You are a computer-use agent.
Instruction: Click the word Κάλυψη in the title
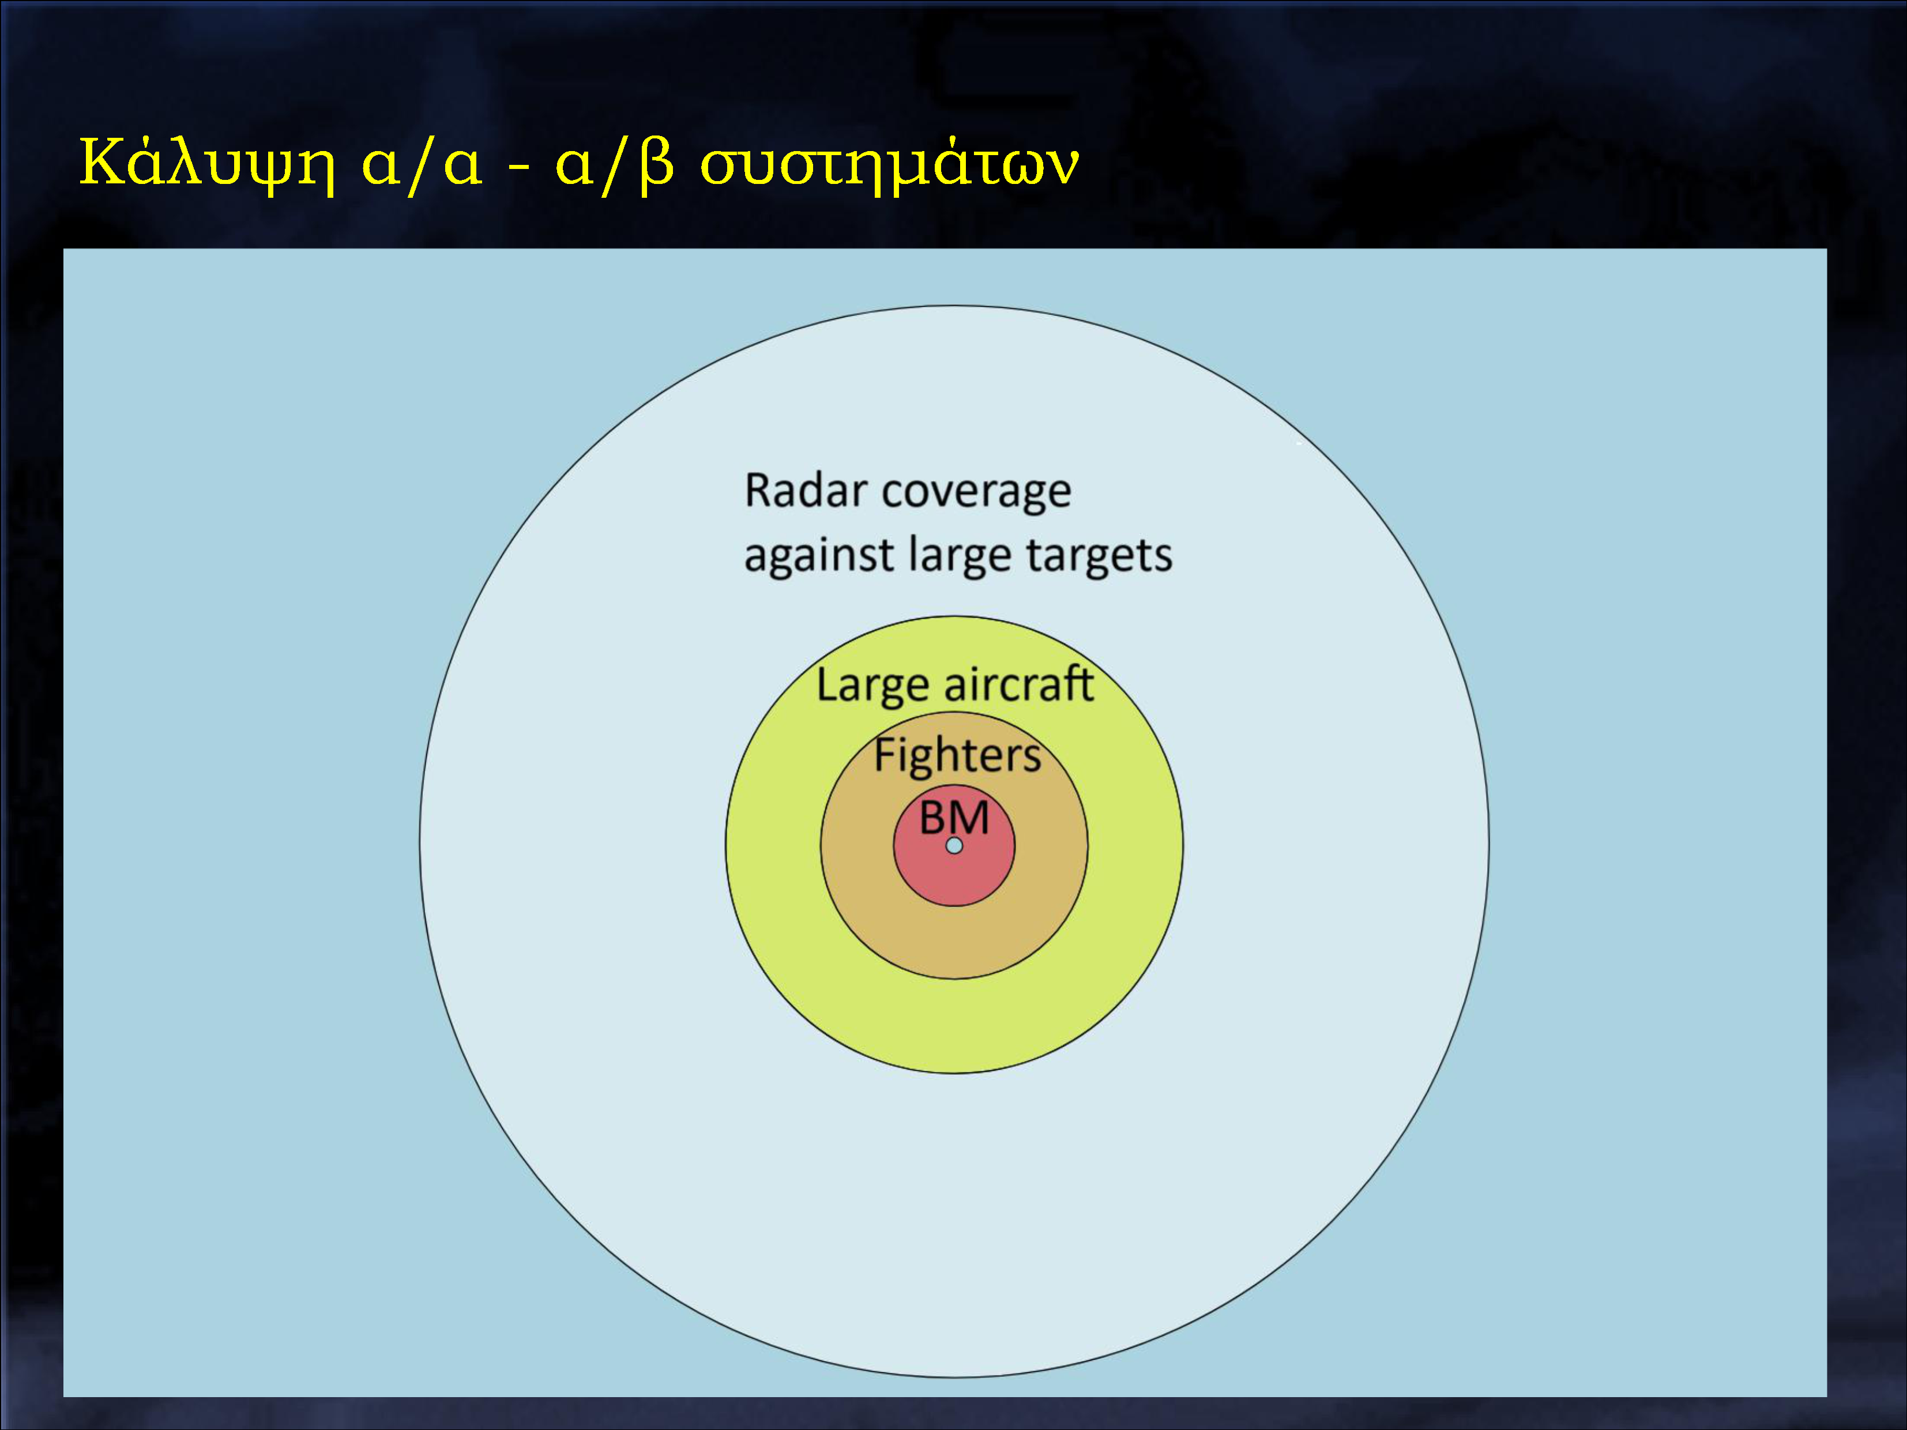[x=207, y=164]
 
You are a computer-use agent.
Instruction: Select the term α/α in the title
[x=422, y=164]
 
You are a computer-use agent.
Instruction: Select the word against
[x=818, y=556]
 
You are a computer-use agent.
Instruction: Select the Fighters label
[x=958, y=755]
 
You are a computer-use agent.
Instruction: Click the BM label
[x=954, y=817]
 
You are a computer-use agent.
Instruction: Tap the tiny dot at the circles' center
[x=954, y=845]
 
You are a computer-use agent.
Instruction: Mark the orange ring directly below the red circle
[x=954, y=942]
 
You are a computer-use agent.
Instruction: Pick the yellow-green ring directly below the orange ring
[x=954, y=1026]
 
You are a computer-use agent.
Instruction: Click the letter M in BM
[x=972, y=817]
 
